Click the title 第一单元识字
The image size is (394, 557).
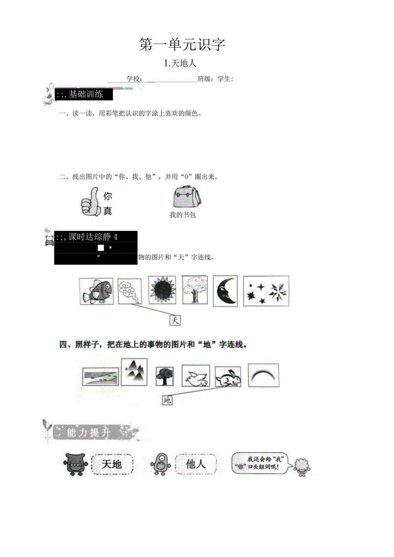[x=182, y=45]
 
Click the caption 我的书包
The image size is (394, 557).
[x=182, y=215]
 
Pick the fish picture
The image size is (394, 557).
[x=96, y=291]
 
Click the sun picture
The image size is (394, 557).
[x=162, y=290]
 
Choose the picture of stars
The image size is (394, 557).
[x=266, y=291]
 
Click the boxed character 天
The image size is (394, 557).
[x=175, y=320]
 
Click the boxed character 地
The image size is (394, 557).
[x=167, y=400]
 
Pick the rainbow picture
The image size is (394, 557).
[x=263, y=375]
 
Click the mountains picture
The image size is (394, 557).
[x=134, y=372]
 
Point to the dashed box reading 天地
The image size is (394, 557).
[x=112, y=464]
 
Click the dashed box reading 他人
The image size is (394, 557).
[x=196, y=464]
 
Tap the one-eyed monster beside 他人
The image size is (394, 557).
[x=162, y=464]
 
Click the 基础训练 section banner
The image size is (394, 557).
[x=84, y=95]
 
